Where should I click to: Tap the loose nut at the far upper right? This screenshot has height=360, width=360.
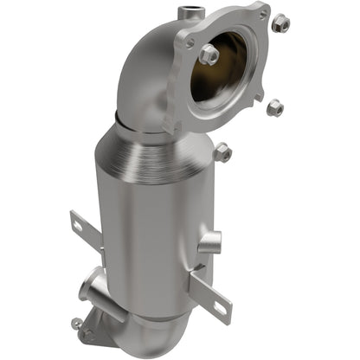click(x=280, y=23)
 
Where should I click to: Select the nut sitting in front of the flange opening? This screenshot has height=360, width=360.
click(x=209, y=55)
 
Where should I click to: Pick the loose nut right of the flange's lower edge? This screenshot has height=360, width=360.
click(x=275, y=107)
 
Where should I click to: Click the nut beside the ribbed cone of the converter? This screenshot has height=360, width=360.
click(x=222, y=152)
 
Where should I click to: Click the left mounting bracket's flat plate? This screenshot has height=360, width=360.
click(x=87, y=234)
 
